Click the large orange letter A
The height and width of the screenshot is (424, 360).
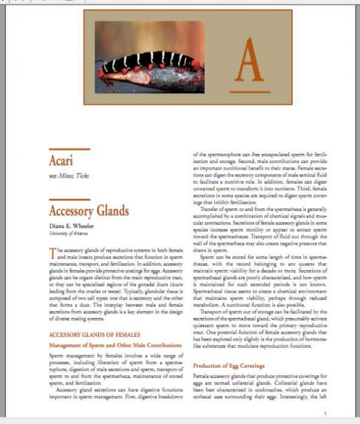pyautogui.click(x=248, y=60)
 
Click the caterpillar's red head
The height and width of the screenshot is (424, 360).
pyautogui.click(x=196, y=63)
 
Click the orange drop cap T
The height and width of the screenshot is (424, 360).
pyautogui.click(x=52, y=253)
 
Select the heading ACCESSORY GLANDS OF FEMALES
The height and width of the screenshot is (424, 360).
pyautogui.click(x=94, y=334)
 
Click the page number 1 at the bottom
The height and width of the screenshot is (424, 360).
pyautogui.click(x=325, y=413)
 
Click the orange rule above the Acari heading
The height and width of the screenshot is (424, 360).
pyautogui.click(x=69, y=149)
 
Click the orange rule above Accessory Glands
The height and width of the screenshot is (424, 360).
pyautogui.click(x=69, y=199)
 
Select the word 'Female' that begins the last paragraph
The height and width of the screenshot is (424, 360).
pyautogui.click(x=202, y=376)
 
